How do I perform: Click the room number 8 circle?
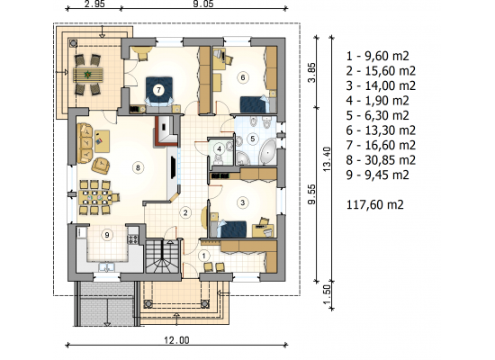click(x=138, y=167)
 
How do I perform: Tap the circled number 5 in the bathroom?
click(x=252, y=139)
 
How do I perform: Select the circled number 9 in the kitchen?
click(x=107, y=235)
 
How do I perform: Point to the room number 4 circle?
click(x=219, y=148)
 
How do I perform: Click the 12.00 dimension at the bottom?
click(x=176, y=340)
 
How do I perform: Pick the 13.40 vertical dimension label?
click(x=327, y=159)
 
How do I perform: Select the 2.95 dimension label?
click(x=94, y=4)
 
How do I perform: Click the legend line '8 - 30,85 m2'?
click(x=381, y=160)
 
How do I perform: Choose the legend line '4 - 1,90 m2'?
click(x=377, y=101)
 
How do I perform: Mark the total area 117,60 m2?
click(x=375, y=204)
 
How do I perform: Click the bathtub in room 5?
click(x=267, y=152)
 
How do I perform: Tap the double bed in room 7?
click(x=159, y=92)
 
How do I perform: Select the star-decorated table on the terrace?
click(x=88, y=75)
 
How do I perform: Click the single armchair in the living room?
click(x=101, y=166)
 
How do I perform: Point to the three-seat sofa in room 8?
click(x=85, y=143)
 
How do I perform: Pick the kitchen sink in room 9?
click(x=107, y=267)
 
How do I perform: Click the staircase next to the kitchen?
click(x=163, y=256)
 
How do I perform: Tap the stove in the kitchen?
click(x=132, y=239)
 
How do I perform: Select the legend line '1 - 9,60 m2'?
click(x=377, y=56)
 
